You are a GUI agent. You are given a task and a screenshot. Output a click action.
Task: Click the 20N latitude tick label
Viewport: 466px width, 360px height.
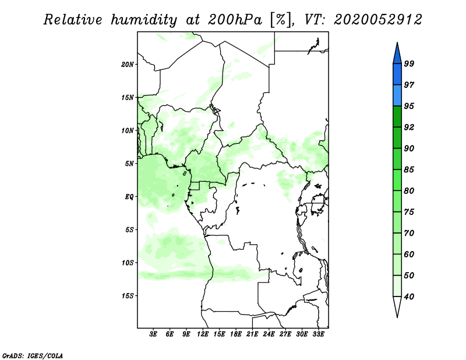[128, 64]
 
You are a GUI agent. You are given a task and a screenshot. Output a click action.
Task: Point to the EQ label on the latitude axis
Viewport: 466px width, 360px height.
[129, 196]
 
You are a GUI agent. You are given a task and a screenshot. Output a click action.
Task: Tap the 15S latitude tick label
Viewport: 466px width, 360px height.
[128, 296]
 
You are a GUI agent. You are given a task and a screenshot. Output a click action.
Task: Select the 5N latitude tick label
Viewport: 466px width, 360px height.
[129, 164]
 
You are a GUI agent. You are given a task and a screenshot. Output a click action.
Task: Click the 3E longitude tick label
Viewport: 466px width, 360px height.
[153, 334]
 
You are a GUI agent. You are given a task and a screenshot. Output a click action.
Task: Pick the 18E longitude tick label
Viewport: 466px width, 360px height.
[236, 334]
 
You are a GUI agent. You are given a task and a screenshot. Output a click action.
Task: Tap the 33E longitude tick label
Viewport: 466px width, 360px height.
[318, 334]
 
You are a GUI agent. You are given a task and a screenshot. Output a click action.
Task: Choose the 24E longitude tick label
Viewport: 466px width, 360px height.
[269, 334]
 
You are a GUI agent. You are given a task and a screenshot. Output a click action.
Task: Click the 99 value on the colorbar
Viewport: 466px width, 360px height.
[409, 63]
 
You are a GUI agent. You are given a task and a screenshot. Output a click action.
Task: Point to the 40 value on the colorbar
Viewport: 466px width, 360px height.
[409, 297]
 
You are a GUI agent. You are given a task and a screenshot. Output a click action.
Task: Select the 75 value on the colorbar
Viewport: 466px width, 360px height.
[409, 211]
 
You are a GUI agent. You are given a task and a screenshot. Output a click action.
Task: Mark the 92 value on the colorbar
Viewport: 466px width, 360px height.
[409, 127]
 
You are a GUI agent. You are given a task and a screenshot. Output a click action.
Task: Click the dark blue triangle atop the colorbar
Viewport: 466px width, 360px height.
[397, 55]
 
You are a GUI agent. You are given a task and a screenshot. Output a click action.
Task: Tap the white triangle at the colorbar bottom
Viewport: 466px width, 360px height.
[397, 305]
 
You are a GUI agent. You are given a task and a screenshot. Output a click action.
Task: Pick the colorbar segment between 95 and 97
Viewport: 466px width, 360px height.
[397, 96]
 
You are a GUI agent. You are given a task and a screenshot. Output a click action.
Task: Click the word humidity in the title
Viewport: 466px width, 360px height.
[144, 20]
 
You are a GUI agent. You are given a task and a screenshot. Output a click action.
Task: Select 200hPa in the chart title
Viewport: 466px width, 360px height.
[235, 20]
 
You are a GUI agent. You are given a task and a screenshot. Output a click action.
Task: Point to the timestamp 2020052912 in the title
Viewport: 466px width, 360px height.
[377, 20]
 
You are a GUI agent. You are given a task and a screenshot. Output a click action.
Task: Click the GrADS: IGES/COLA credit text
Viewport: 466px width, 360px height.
[33, 355]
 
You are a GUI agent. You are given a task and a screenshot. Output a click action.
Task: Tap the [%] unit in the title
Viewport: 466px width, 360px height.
[280, 20]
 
